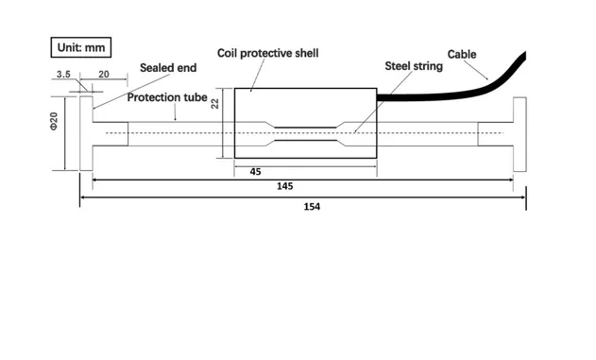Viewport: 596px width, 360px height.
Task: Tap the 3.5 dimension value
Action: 64,74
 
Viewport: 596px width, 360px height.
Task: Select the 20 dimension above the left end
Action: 104,74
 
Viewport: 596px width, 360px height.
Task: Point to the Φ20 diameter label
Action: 55,123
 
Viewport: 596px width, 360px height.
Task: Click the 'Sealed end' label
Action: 168,68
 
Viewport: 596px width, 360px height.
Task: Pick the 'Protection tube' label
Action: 168,97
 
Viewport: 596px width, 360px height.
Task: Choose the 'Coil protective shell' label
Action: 267,53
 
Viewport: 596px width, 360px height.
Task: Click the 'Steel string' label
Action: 414,67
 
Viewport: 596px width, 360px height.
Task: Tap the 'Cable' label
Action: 462,54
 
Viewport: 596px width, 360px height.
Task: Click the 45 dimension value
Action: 255,171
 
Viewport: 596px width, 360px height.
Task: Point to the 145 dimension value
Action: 284,186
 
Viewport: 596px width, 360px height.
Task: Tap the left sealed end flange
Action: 86,133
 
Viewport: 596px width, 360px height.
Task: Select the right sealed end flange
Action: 519,133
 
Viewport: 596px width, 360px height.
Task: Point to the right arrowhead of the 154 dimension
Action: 522,197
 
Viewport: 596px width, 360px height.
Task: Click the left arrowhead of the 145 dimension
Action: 94,179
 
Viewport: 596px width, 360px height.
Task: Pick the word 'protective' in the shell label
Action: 274,53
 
